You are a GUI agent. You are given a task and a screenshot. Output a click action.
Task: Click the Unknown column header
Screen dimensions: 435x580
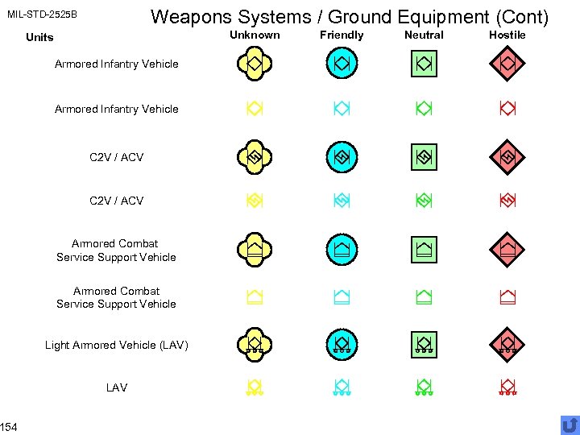pyautogui.click(x=255, y=35)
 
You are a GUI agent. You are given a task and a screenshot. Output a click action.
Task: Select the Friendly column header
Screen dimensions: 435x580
pyautogui.click(x=342, y=35)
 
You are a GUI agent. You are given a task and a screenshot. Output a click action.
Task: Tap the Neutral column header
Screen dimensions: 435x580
pyautogui.click(x=424, y=35)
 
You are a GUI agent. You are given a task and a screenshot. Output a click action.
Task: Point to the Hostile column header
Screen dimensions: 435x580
pyautogui.click(x=507, y=35)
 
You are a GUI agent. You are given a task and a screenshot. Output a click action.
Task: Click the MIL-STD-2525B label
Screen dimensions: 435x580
pyautogui.click(x=43, y=14)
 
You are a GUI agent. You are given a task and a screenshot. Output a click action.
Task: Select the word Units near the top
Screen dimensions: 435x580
pyautogui.click(x=39, y=37)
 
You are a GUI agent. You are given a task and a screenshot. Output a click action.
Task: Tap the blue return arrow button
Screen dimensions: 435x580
pyautogui.click(x=569, y=425)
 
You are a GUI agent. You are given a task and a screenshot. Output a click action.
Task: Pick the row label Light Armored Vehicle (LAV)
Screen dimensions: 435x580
pyautogui.click(x=117, y=345)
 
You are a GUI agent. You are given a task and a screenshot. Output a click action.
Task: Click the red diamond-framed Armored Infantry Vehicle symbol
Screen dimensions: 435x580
pyautogui.click(x=507, y=62)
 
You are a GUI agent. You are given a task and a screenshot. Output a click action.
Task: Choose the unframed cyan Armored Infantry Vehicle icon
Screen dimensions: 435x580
pyautogui.click(x=342, y=108)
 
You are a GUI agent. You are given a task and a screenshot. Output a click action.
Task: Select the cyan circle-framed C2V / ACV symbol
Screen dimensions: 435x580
pyautogui.click(x=342, y=157)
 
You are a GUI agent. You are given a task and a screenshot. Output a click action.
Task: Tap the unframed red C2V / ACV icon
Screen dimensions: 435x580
pyautogui.click(x=507, y=200)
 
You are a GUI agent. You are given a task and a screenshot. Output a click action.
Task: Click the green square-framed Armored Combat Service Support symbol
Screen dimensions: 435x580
pyautogui.click(x=424, y=250)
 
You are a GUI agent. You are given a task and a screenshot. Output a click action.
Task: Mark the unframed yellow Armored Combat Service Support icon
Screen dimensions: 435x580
pyautogui.click(x=255, y=297)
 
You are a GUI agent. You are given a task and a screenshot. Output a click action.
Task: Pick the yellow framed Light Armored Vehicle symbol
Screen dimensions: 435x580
pyautogui.click(x=255, y=343)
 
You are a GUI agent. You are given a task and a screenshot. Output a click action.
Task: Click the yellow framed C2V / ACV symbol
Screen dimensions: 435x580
pyautogui.click(x=255, y=157)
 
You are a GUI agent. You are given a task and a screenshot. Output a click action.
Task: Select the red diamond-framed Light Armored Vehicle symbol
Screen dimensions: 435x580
pyautogui.click(x=507, y=343)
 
